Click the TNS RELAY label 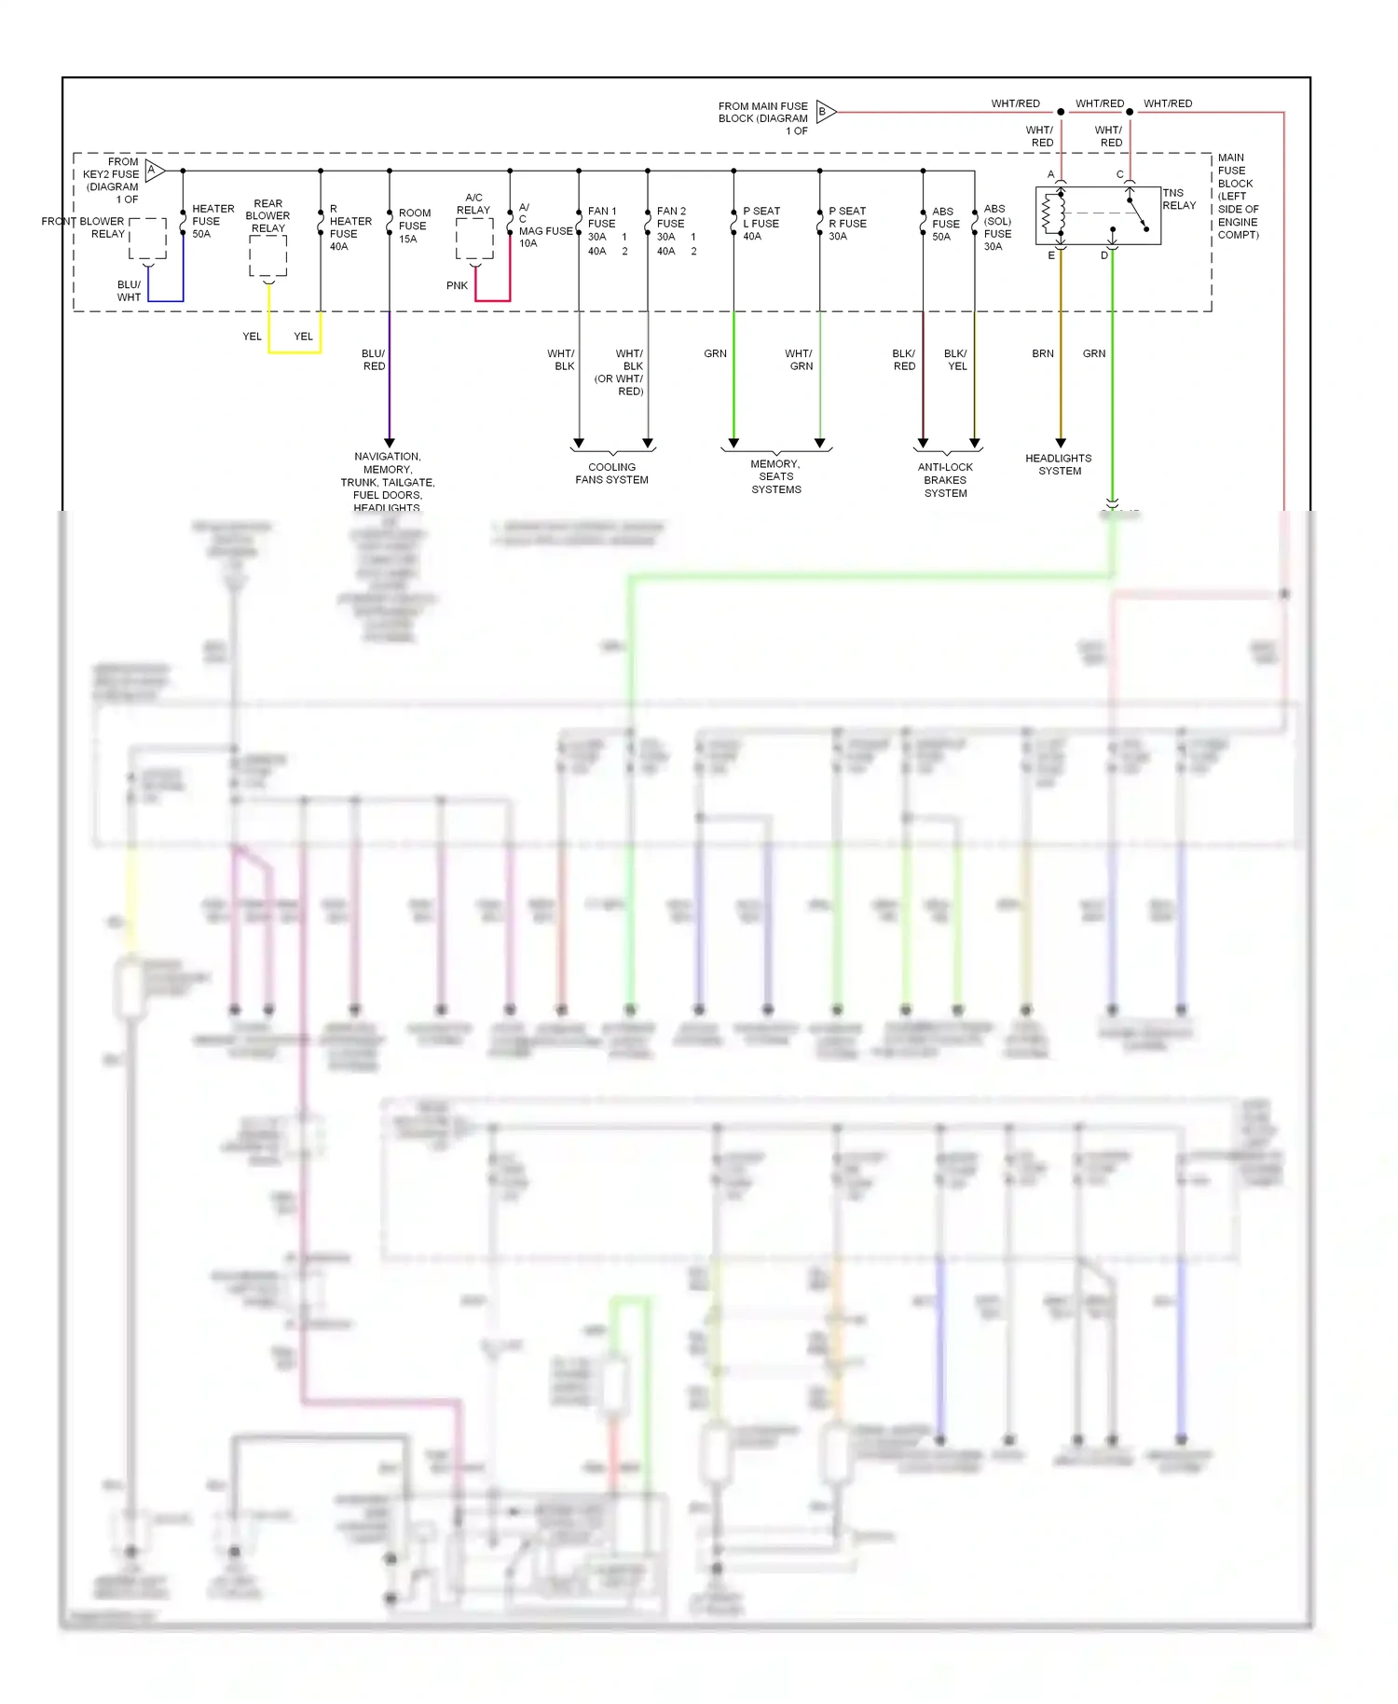tap(1178, 199)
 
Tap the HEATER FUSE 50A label tap(212, 222)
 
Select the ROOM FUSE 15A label tap(414, 226)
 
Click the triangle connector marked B tap(825, 112)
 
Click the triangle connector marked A tap(155, 171)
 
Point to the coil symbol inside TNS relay tap(1053, 213)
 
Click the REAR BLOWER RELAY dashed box tap(267, 256)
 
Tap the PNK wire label tap(457, 285)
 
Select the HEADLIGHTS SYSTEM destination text tap(1059, 464)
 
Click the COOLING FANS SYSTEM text tap(611, 474)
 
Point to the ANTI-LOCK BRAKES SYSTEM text tap(945, 480)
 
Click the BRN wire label tap(1042, 353)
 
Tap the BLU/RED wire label tap(373, 360)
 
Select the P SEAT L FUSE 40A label tap(761, 224)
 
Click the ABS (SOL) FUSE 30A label tap(997, 227)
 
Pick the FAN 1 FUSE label tap(602, 217)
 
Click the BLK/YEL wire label tap(955, 360)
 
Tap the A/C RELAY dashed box tap(474, 240)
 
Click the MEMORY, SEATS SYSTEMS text tap(775, 476)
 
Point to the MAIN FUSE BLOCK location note tap(1238, 196)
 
